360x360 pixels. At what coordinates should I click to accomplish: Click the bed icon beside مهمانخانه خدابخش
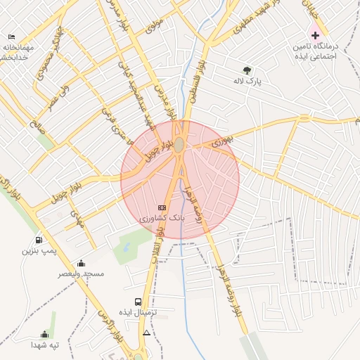(x=11, y=37)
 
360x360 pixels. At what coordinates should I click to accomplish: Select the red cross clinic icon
(x=315, y=34)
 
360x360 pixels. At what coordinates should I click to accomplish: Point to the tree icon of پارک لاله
(x=247, y=70)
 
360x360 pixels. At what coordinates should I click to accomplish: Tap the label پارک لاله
(x=248, y=82)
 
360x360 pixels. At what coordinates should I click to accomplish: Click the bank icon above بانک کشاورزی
(x=162, y=207)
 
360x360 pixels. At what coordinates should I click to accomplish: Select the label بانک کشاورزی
(x=163, y=219)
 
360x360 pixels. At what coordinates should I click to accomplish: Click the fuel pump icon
(x=39, y=239)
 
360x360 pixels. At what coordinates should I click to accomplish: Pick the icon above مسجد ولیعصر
(x=81, y=263)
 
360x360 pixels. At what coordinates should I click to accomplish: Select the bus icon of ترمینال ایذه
(x=138, y=302)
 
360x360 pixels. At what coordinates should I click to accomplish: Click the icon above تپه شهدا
(x=44, y=334)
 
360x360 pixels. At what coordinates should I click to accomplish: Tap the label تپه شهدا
(x=44, y=345)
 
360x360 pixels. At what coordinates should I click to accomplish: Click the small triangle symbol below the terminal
(x=146, y=332)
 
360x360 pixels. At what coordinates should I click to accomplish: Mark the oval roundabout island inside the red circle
(x=179, y=145)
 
